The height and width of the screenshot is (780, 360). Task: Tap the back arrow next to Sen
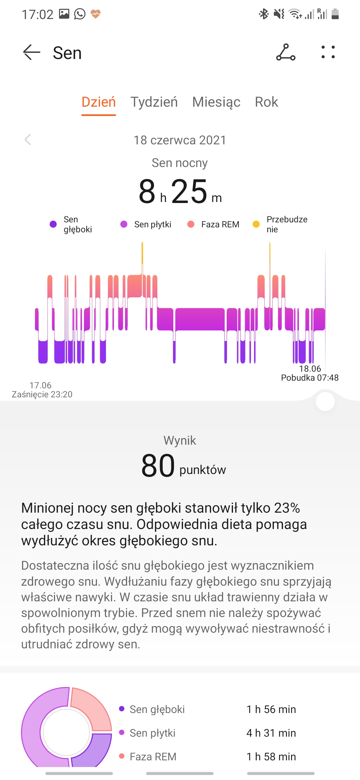click(x=32, y=52)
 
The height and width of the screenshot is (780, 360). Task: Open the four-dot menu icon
click(x=328, y=52)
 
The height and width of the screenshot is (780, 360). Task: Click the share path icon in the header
click(x=286, y=52)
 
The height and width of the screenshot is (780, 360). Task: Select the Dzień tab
click(x=99, y=102)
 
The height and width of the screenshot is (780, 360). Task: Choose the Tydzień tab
click(x=154, y=102)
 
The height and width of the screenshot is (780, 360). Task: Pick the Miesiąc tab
click(x=216, y=102)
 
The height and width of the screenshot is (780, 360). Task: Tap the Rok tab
click(x=266, y=102)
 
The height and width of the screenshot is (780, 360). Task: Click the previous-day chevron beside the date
click(x=28, y=140)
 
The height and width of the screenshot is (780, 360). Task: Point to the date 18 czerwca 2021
click(x=180, y=140)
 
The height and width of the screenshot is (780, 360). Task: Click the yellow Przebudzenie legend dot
click(x=256, y=224)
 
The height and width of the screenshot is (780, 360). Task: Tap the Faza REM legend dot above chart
click(x=191, y=224)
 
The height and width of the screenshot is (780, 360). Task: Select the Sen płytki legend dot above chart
click(x=124, y=224)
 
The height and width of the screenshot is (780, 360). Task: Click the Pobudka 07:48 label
click(x=310, y=378)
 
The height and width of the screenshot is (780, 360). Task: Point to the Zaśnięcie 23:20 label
click(x=42, y=394)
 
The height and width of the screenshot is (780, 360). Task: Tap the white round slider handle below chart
click(x=325, y=402)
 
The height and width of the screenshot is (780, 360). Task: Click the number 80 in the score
click(x=158, y=466)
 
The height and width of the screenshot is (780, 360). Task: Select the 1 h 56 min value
click(x=271, y=709)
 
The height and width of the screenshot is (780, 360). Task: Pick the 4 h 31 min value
click(x=271, y=733)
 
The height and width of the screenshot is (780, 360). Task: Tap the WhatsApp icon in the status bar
click(x=80, y=14)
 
